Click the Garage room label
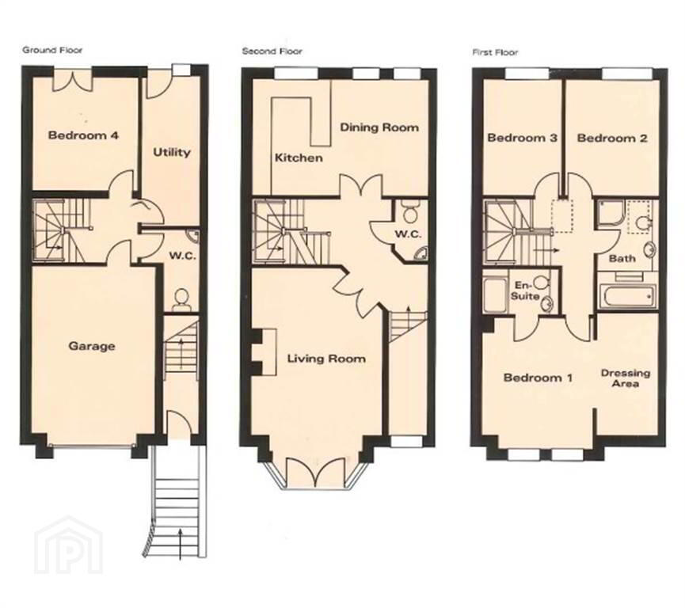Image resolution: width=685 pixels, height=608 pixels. click(x=92, y=347)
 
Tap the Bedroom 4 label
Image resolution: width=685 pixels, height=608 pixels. click(x=83, y=135)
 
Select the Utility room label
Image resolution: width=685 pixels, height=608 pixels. click(x=172, y=153)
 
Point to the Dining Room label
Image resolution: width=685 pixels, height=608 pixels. click(x=379, y=127)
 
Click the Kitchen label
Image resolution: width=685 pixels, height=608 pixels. click(x=299, y=158)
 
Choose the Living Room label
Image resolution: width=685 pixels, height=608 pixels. click(x=326, y=359)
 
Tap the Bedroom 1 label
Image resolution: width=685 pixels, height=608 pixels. click(x=538, y=378)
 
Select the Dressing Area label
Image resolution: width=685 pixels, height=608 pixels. click(x=626, y=378)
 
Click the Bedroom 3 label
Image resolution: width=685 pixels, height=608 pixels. click(x=522, y=138)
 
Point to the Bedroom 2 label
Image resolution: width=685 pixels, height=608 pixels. click(x=612, y=139)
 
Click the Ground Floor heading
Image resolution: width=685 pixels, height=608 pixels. click(x=52, y=50)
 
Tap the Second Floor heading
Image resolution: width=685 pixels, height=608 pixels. click(x=272, y=51)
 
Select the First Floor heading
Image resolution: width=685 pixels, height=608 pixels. click(x=495, y=53)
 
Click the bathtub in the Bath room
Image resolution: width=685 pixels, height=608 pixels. click(x=627, y=297)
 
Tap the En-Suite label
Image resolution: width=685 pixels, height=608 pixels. click(x=525, y=291)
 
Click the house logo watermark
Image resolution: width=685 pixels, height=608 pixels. click(x=69, y=544)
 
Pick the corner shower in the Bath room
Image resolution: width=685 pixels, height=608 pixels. click(x=610, y=213)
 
